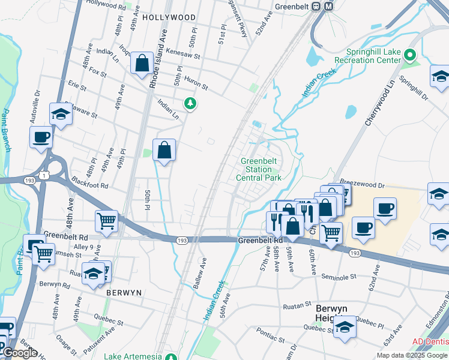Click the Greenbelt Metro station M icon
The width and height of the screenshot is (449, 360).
click(328, 6)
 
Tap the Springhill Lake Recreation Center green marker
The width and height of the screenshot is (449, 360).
click(411, 56)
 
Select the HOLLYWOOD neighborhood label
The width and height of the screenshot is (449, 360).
click(169, 18)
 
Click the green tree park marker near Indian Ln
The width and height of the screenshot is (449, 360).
click(190, 104)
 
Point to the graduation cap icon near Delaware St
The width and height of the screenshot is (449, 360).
click(61, 114)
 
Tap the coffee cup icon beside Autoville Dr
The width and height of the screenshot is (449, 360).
click(41, 137)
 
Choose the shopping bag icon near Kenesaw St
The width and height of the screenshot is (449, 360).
click(142, 62)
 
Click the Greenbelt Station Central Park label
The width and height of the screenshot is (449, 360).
click(261, 169)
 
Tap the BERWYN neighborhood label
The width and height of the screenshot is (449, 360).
click(123, 292)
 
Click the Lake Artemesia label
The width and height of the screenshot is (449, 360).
click(133, 356)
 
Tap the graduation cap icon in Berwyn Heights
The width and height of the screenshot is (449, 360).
click(345, 327)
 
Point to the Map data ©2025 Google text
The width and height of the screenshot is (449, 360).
click(412, 355)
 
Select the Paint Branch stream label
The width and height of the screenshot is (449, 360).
click(6, 130)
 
